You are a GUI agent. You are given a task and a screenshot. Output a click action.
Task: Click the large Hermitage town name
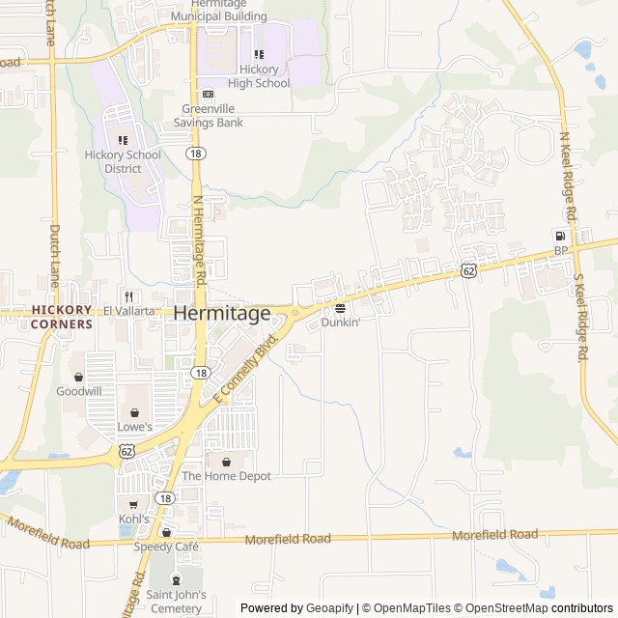(x=222, y=314)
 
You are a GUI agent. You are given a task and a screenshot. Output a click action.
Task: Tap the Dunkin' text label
(x=340, y=323)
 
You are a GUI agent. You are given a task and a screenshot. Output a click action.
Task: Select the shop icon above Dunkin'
(x=340, y=309)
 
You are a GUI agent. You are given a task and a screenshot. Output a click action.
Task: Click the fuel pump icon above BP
(x=559, y=237)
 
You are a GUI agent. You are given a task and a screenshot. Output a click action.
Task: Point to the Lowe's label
(x=135, y=426)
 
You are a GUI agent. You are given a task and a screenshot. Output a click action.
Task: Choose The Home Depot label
(x=226, y=476)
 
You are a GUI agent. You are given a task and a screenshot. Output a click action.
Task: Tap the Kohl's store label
(x=133, y=519)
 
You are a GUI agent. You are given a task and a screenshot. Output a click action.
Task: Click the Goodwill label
(x=78, y=391)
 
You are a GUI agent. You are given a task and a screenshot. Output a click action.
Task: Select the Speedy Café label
(x=166, y=547)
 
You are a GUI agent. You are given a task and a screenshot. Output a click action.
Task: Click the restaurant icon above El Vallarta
(x=127, y=296)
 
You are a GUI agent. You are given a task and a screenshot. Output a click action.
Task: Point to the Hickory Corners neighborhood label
(x=62, y=317)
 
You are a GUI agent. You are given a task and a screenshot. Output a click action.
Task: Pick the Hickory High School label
(x=259, y=76)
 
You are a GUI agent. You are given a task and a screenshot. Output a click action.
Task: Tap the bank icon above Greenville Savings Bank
(x=209, y=95)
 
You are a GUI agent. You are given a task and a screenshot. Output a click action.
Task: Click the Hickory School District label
(x=122, y=161)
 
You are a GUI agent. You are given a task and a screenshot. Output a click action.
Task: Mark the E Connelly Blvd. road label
(x=245, y=369)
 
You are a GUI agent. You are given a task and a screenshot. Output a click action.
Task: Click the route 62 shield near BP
(x=468, y=272)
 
